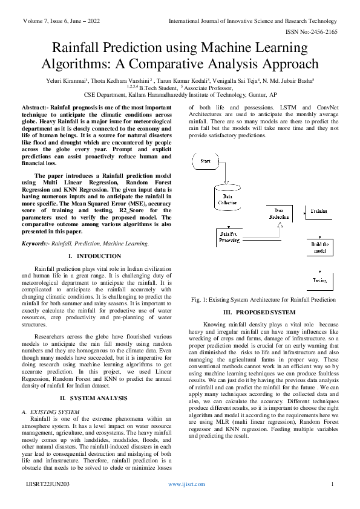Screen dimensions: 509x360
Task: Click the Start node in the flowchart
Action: pyautogui.click(x=205, y=162)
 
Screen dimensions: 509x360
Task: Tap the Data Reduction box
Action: pyautogui.click(x=278, y=212)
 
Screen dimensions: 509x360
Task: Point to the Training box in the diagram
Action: pyautogui.click(x=319, y=212)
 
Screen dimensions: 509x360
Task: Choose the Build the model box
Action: pyautogui.click(x=319, y=247)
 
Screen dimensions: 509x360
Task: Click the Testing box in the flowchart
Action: pyautogui.click(x=319, y=280)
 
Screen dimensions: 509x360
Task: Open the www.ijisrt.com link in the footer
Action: pyautogui.click(x=184, y=485)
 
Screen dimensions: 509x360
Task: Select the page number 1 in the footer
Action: pyautogui.click(x=333, y=485)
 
